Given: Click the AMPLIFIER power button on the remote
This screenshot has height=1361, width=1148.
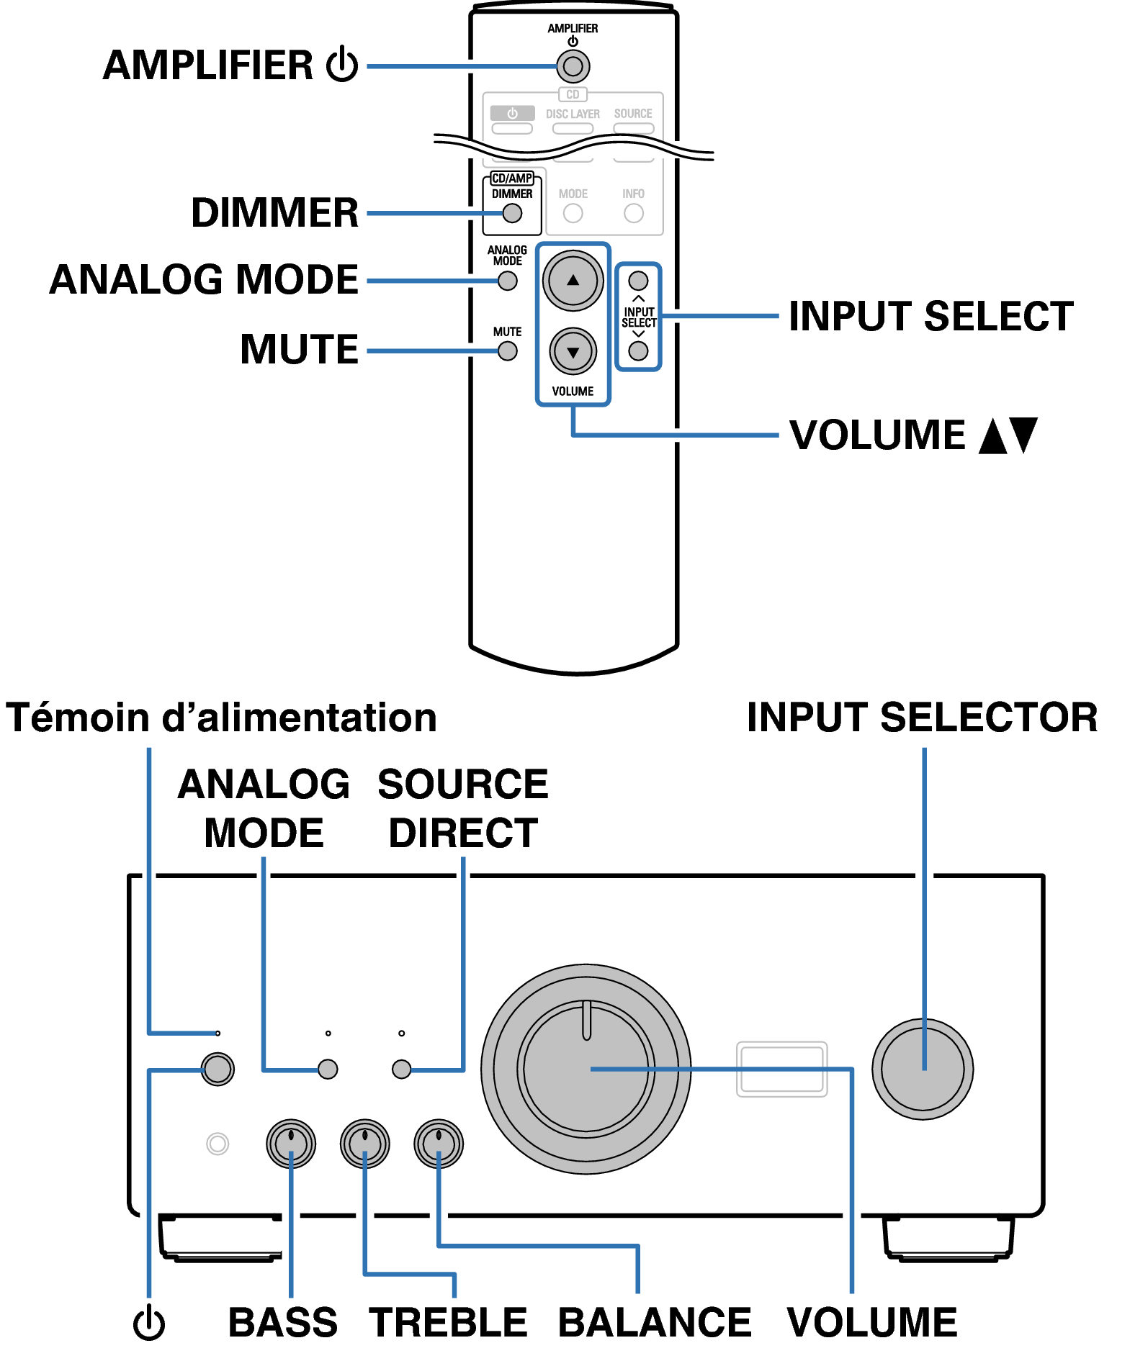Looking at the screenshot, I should (x=573, y=67).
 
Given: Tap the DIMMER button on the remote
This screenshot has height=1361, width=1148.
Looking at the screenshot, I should (x=512, y=213).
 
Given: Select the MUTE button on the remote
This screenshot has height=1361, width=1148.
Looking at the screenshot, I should (x=508, y=351).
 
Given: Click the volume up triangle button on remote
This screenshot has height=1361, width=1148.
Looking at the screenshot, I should (x=573, y=281).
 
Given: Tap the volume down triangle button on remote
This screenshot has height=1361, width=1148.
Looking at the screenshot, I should (x=573, y=352).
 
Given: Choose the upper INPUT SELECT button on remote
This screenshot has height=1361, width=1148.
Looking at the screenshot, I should (x=638, y=281).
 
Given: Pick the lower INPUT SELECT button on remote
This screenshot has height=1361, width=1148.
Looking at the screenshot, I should (x=638, y=351).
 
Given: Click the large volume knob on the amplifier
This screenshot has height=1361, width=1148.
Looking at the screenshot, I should (x=586, y=1069).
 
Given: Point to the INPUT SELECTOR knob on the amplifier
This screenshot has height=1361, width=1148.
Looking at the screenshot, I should (x=923, y=1069).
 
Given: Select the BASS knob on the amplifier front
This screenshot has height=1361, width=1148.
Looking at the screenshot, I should (x=291, y=1143).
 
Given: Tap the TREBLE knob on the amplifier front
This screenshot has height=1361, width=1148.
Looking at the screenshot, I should (x=365, y=1143).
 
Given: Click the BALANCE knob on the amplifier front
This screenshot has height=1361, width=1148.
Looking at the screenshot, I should (x=439, y=1143).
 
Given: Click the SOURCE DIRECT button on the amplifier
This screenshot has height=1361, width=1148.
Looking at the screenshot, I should (x=401, y=1069).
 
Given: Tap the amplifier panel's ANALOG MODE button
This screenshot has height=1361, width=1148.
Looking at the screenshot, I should (x=328, y=1069).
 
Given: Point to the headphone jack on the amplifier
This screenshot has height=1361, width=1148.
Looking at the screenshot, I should (x=218, y=1143).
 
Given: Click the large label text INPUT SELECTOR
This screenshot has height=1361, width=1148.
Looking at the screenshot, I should (x=922, y=718).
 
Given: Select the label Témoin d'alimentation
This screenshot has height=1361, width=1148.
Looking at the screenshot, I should (x=221, y=718).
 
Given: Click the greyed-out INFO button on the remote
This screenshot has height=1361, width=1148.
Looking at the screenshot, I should (x=634, y=213).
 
